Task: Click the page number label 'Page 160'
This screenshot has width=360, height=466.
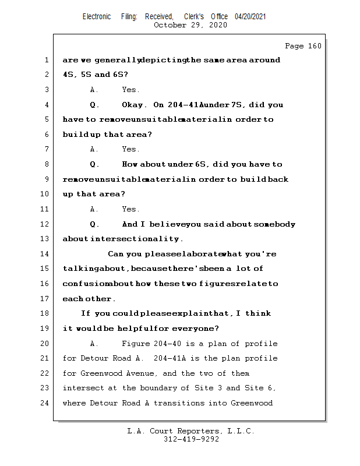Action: pyautogui.click(x=303, y=46)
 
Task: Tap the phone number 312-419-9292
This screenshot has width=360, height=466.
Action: pyautogui.click(x=191, y=440)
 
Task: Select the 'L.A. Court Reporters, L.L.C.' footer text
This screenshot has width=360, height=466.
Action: pyautogui.click(x=191, y=432)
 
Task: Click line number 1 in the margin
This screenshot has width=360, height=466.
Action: pyautogui.click(x=46, y=60)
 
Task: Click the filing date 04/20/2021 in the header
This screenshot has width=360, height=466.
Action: pyautogui.click(x=250, y=17)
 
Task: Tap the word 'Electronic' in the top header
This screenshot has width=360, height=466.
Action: pyautogui.click(x=97, y=17)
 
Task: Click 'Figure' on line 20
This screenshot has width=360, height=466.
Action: pyautogui.click(x=136, y=344)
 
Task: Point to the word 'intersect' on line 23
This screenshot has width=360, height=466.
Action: pyautogui.click(x=84, y=388)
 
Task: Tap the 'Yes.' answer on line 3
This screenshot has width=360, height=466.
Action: pyautogui.click(x=130, y=90)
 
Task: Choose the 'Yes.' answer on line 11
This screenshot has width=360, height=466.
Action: pyautogui.click(x=130, y=209)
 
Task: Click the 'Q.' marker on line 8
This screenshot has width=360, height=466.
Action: pyautogui.click(x=95, y=164)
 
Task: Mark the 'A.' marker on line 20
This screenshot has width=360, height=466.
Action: pyautogui.click(x=95, y=344)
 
